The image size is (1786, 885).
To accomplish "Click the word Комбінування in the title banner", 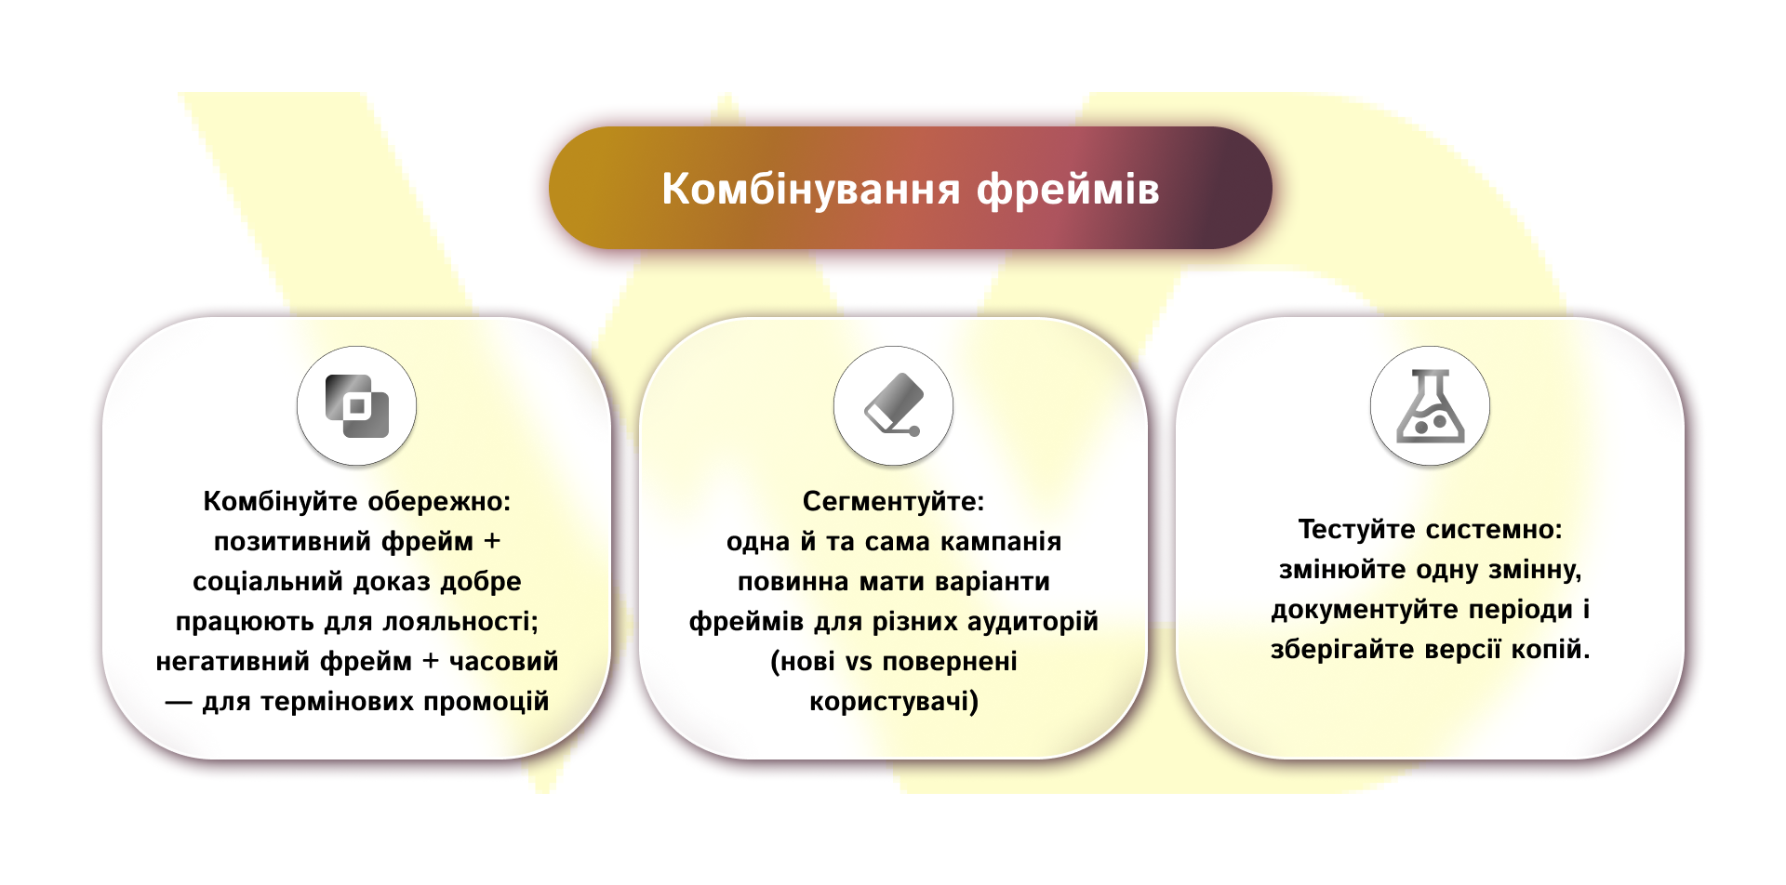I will tap(810, 189).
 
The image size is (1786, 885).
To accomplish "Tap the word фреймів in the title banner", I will tap(1068, 189).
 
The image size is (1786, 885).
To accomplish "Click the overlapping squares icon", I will tap(356, 406).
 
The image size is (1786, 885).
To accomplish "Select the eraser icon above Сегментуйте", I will tap(893, 406).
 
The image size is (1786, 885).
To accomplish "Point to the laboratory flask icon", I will tap(1430, 406).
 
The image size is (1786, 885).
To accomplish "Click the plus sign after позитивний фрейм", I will tap(492, 541).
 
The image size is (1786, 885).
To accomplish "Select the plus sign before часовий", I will tap(431, 661).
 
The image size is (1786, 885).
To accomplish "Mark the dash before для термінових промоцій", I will tap(179, 702).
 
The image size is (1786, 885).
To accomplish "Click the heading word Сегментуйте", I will tap(893, 502).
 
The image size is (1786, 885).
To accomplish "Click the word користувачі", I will tap(893, 702).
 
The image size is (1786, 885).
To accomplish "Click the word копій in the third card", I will tap(1550, 649).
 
